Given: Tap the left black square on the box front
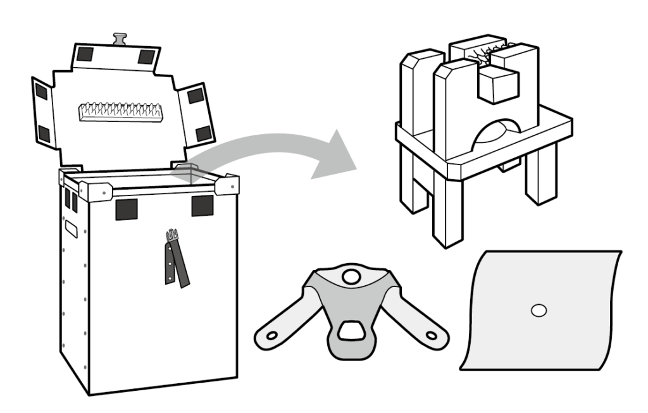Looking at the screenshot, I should pos(126,209).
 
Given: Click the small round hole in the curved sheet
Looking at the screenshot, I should pos(539,311).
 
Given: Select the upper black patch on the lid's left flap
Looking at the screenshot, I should pos(41,92).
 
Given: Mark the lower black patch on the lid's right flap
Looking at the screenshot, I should pos(203,133).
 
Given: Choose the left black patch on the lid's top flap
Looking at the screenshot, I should pos(85,54).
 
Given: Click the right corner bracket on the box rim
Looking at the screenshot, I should pos(227,185).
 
